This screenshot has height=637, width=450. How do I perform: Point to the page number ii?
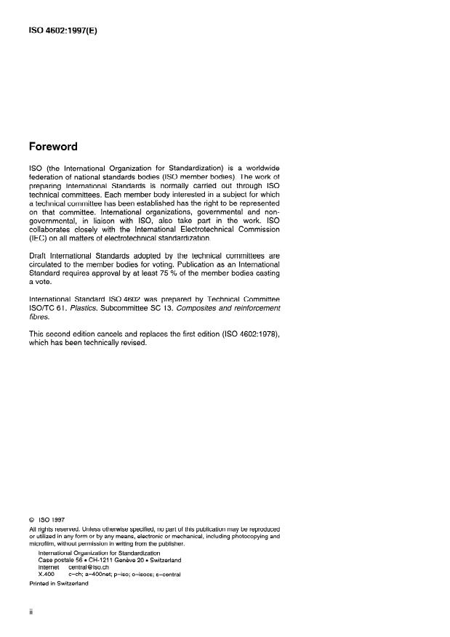(31, 612)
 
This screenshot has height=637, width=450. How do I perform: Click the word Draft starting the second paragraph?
(39, 256)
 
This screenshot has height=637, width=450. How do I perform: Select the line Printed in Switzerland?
(59, 583)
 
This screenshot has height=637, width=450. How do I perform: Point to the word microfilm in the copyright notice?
(43, 543)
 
